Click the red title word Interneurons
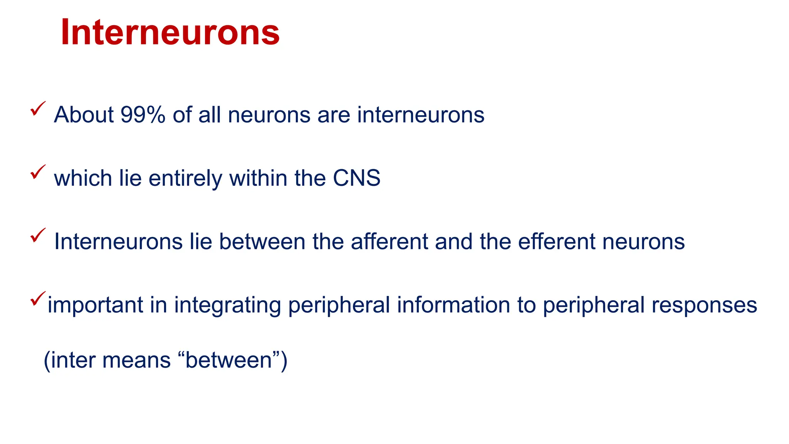[170, 32]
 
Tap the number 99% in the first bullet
[143, 115]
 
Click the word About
[84, 115]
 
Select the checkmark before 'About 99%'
[38, 108]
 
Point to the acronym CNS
[356, 178]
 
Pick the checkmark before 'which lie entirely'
[38, 172]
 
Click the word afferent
[389, 242]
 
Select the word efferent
[556, 242]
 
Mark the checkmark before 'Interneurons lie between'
[38, 235]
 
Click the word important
[95, 305]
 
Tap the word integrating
[227, 305]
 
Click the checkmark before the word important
[38, 298]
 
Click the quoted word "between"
[229, 360]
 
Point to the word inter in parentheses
[72, 360]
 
